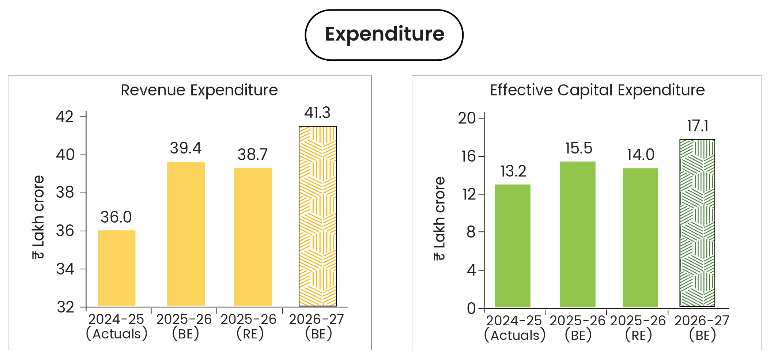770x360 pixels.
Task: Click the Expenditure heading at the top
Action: pyautogui.click(x=384, y=34)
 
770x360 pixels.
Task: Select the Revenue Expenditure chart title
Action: pyautogui.click(x=199, y=90)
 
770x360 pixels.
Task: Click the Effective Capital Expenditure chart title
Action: pyautogui.click(x=597, y=90)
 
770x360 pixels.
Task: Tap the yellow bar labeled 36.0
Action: pyautogui.click(x=117, y=268)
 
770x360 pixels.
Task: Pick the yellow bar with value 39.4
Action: pyautogui.click(x=186, y=234)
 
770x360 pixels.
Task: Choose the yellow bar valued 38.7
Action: pyautogui.click(x=253, y=237)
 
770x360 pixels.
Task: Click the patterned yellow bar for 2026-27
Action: pyautogui.click(x=317, y=216)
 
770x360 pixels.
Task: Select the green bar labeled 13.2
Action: pyautogui.click(x=513, y=246)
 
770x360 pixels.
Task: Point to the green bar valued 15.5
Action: pyautogui.click(x=578, y=234)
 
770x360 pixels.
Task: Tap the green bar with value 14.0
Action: pyautogui.click(x=640, y=238)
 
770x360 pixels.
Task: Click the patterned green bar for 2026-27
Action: pyautogui.click(x=697, y=223)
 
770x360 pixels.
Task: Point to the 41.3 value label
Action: pyautogui.click(x=317, y=113)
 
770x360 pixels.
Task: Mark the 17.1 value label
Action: pyautogui.click(x=698, y=126)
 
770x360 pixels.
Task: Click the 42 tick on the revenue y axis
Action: pyautogui.click(x=65, y=117)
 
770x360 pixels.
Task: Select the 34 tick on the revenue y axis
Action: pyautogui.click(x=65, y=269)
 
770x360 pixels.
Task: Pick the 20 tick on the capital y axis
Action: pyautogui.click(x=467, y=118)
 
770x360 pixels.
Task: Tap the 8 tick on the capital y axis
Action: pyautogui.click(x=471, y=232)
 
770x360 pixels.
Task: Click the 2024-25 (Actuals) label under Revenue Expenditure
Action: pyautogui.click(x=116, y=326)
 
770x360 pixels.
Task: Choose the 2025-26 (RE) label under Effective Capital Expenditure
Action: pyautogui.click(x=638, y=328)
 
